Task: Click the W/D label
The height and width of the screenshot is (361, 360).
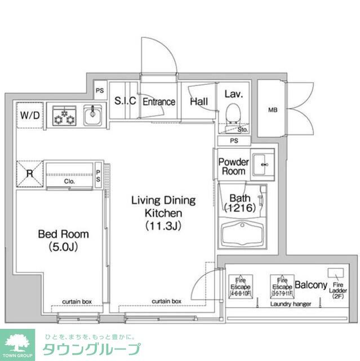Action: (x=29, y=116)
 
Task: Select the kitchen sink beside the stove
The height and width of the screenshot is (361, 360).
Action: (x=92, y=116)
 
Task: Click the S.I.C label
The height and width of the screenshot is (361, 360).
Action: (x=125, y=102)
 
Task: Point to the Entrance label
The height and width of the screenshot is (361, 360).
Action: (x=158, y=102)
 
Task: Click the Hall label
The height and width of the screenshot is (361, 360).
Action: (x=198, y=102)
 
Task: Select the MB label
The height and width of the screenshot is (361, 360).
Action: (x=273, y=109)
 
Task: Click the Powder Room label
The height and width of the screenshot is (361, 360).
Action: (x=233, y=166)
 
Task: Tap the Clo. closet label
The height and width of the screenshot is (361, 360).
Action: (x=69, y=182)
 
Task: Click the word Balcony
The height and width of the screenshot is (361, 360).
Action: (x=310, y=285)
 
